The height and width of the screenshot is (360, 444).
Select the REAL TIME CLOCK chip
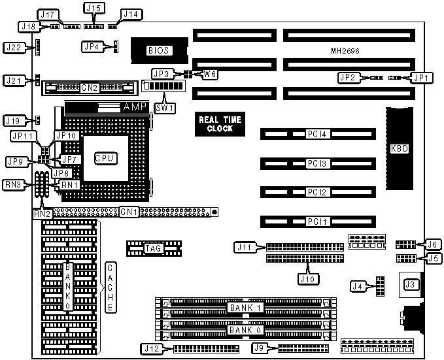pos(220,123)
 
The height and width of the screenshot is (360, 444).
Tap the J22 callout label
pos(14,47)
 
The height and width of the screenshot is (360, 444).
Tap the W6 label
pos(209,74)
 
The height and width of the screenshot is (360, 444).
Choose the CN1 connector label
pos(128,212)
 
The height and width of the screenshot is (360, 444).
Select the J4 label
pos(357,286)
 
